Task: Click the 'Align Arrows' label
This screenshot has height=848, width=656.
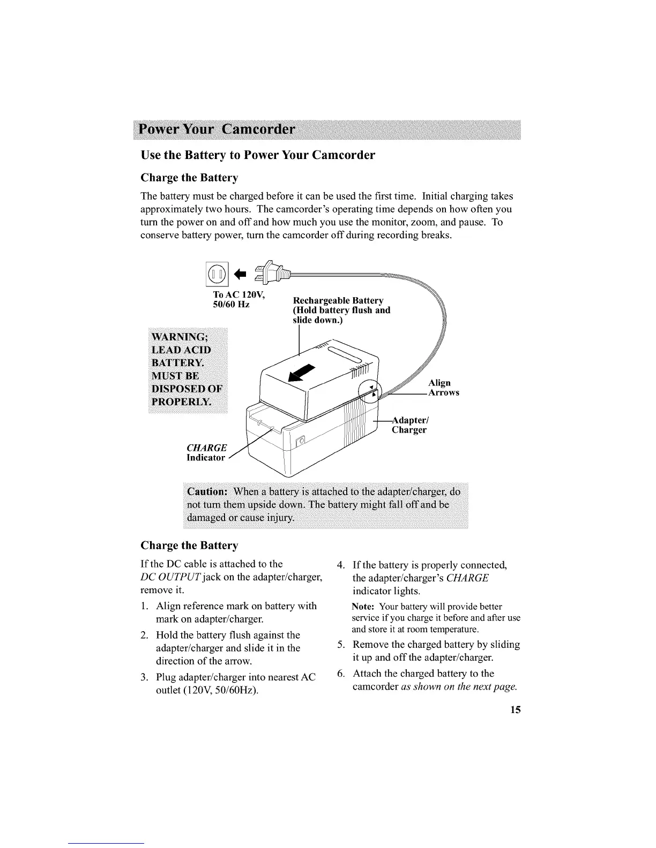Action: (x=443, y=388)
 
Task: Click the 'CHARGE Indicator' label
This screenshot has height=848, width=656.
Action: (x=206, y=452)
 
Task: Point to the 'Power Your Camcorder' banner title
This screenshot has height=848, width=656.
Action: (x=217, y=130)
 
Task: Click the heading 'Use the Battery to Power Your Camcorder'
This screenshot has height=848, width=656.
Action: (x=257, y=155)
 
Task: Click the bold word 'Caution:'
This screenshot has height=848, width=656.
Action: (x=207, y=491)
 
